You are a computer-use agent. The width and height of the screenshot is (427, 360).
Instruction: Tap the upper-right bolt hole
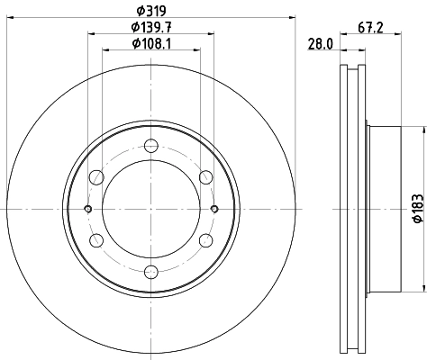tap(204, 177)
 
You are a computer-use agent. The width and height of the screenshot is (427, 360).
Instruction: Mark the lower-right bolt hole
tap(204, 240)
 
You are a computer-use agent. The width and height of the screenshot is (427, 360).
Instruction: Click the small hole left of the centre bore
tap(87, 209)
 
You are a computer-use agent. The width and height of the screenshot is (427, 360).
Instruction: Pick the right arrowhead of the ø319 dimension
tap(290, 18)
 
